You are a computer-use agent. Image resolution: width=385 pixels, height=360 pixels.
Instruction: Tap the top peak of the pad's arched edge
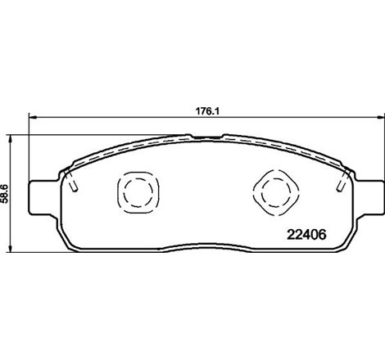pos(192,136)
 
